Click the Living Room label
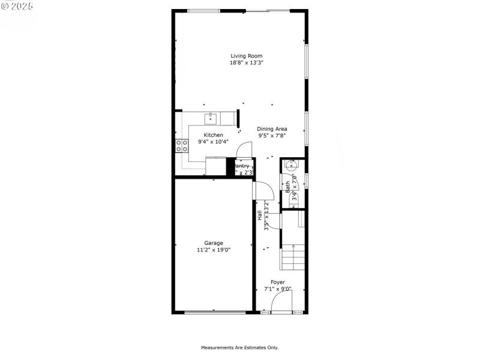(246, 56)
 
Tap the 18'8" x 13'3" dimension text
(246, 62)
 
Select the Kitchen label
(213, 135)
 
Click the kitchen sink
(211, 118)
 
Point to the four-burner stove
(181, 146)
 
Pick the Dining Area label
(272, 128)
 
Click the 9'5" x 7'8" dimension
(272, 136)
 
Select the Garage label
(213, 243)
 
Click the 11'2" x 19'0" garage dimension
(213, 250)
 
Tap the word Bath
(288, 187)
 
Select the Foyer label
(277, 282)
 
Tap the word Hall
(259, 215)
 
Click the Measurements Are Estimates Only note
(239, 347)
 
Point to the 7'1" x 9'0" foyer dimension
(277, 289)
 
